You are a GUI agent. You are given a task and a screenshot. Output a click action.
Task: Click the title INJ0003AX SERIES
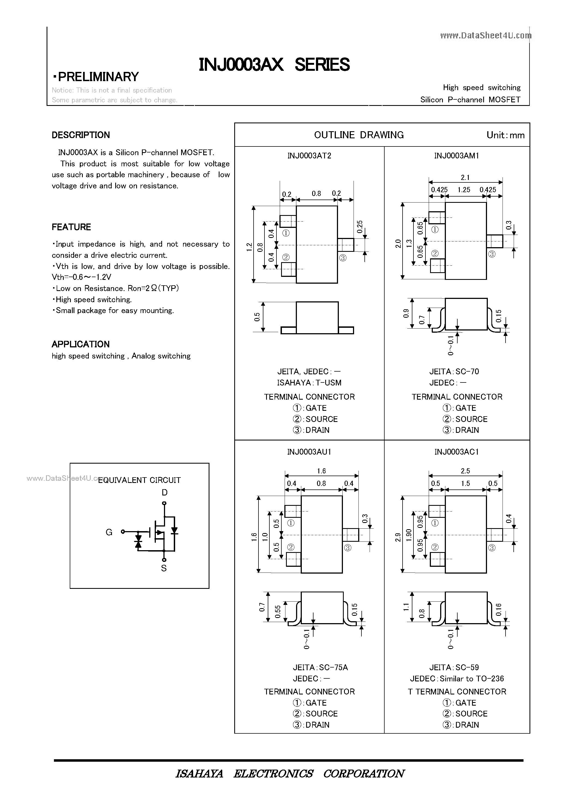coord(274,65)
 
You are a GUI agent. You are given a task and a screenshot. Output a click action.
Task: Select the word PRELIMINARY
coord(98,76)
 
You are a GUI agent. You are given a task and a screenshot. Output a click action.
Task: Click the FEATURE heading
coord(71,227)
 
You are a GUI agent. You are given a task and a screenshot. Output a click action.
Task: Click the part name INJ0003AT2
coord(309,156)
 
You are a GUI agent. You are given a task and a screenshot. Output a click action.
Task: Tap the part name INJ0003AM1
coord(456,156)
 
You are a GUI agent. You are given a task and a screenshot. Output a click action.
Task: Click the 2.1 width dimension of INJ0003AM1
coord(465,177)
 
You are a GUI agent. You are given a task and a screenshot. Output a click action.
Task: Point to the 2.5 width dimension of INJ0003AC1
coord(465,471)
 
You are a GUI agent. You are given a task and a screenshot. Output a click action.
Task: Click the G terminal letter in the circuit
coord(109,532)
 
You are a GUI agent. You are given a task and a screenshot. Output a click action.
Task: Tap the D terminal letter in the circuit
coord(165,493)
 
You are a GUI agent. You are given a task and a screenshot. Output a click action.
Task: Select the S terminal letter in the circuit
coord(164,568)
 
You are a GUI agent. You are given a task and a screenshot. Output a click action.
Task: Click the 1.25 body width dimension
coord(464,190)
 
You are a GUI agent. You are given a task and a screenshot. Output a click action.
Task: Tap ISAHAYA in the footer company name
coord(199,773)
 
